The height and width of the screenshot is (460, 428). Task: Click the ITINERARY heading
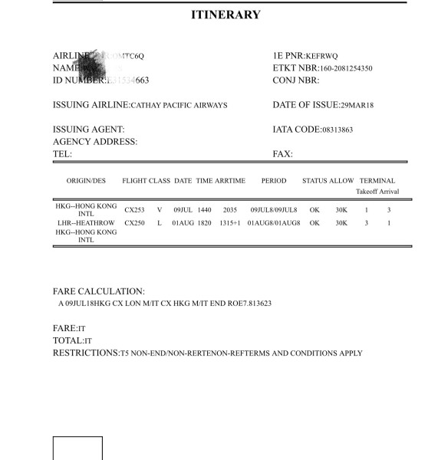[225, 15]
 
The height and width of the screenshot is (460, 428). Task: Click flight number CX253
[134, 209]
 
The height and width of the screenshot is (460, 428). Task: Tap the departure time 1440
[204, 209]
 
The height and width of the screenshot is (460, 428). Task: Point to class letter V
[160, 209]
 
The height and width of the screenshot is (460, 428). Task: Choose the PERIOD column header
[273, 181]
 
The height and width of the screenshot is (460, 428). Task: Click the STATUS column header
[314, 181]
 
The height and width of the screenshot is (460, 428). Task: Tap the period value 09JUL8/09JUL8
[274, 209]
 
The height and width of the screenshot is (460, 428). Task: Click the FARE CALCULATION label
[99, 291]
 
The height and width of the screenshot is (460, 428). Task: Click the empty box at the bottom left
[77, 448]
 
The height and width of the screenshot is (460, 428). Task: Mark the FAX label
[283, 154]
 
